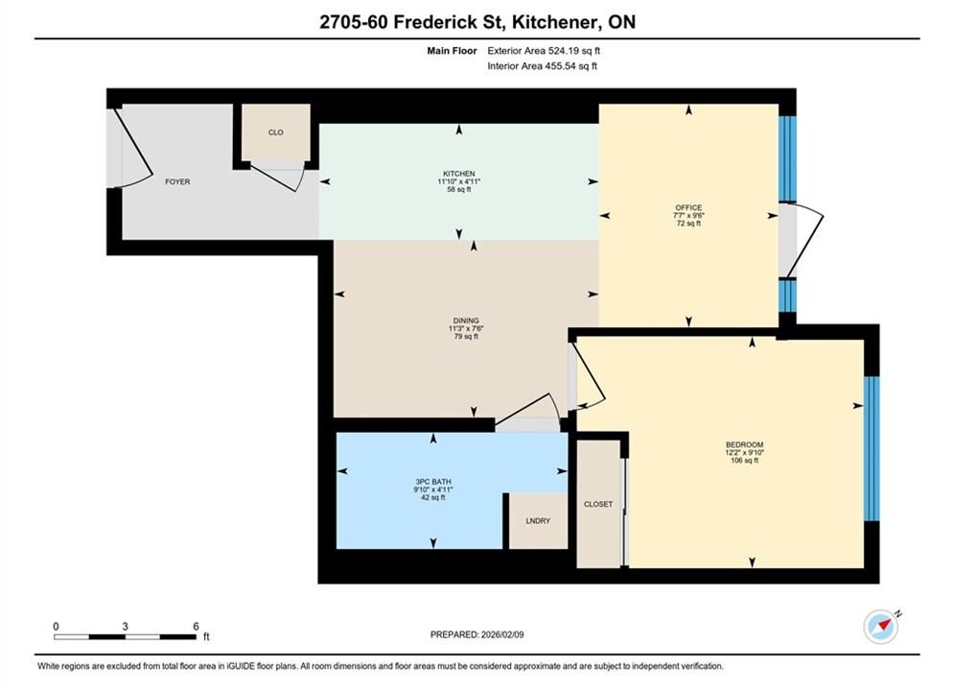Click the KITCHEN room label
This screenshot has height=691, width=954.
[x=458, y=174]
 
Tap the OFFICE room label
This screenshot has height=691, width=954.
[x=688, y=207]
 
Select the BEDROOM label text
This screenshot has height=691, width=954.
[x=744, y=444]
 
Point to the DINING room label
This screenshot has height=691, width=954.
[x=466, y=321]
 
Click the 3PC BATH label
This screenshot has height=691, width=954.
[x=433, y=482]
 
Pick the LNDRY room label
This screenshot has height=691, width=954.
[x=538, y=520]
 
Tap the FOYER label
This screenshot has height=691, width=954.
[x=177, y=181]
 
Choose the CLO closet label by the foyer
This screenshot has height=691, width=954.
[x=275, y=132]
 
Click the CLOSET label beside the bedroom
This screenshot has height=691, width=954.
[x=598, y=504]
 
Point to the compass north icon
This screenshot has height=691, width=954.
[x=881, y=626]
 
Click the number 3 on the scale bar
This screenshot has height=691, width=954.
[x=125, y=626]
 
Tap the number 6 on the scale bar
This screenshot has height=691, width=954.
[x=196, y=626]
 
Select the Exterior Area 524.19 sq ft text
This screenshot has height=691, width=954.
[x=544, y=51]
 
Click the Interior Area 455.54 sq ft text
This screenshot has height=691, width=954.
[x=542, y=66]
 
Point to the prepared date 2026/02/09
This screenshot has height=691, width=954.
[x=502, y=634]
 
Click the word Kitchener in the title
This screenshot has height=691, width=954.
[x=554, y=22]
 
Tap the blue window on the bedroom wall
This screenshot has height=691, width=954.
[x=872, y=448]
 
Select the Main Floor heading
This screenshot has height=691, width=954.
[x=452, y=51]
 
